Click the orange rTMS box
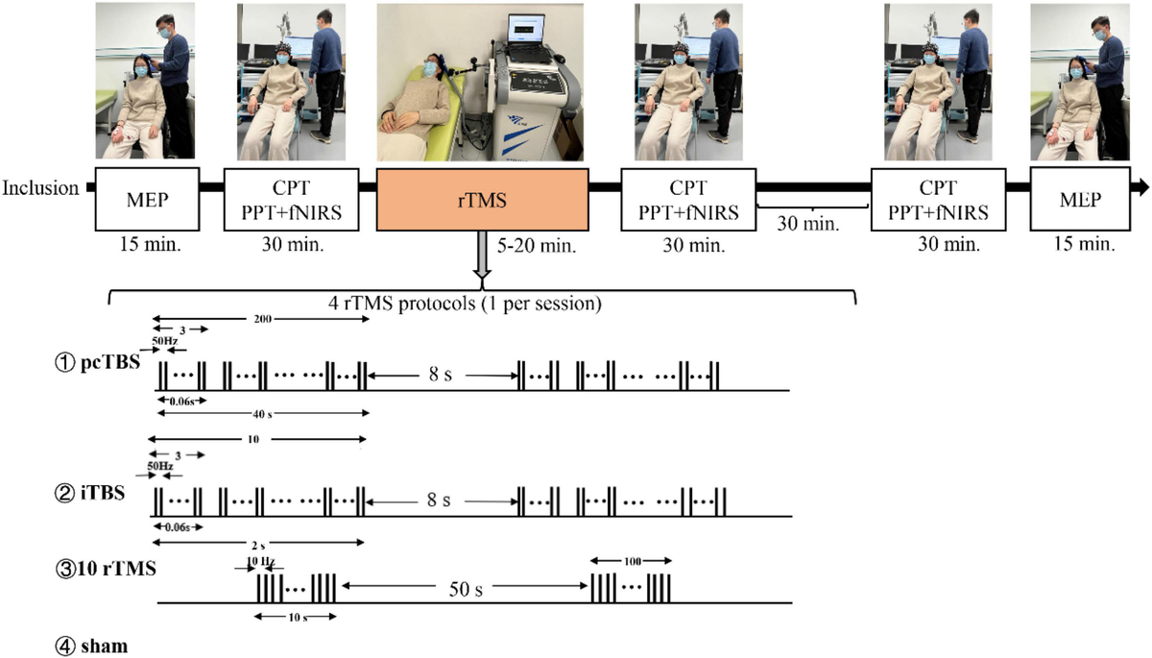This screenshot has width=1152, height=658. tap(481, 199)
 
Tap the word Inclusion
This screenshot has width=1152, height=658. tap(41, 188)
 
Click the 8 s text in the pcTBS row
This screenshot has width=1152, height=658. tap(443, 374)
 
